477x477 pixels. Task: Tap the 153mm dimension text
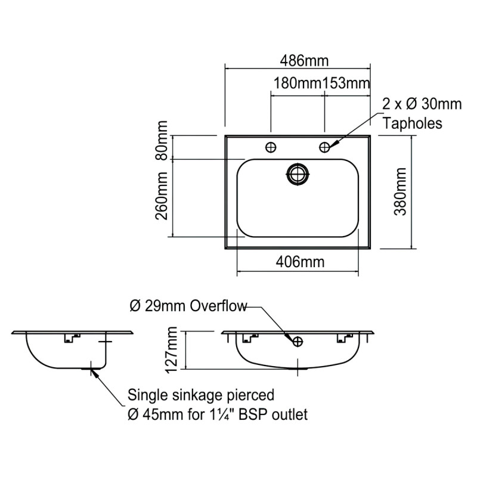[x=346, y=83]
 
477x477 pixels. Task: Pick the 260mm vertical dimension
[x=162, y=199]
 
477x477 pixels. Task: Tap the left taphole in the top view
[x=271, y=146]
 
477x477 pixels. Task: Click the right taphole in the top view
[x=325, y=146]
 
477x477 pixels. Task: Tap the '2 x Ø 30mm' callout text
[x=422, y=104]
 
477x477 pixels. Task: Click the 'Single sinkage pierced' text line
[x=201, y=395]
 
